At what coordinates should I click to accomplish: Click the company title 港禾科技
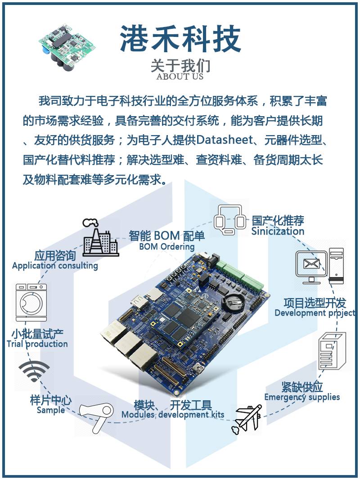click(180, 39)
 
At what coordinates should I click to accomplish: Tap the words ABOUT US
click(180, 76)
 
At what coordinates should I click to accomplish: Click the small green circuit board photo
click(66, 46)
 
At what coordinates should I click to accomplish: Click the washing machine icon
click(31, 303)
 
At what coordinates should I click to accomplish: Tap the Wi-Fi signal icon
click(34, 371)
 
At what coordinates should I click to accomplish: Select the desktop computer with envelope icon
click(319, 265)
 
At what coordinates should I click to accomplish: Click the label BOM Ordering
click(166, 246)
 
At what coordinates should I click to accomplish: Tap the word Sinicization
click(278, 231)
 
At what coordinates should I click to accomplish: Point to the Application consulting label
click(55, 266)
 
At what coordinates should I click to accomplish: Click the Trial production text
click(37, 344)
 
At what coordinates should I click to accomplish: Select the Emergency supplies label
click(302, 397)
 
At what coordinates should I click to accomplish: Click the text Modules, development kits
click(173, 415)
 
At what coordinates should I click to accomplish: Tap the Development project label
click(315, 313)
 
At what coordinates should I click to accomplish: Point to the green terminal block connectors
click(239, 276)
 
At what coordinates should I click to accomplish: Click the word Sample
click(51, 410)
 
